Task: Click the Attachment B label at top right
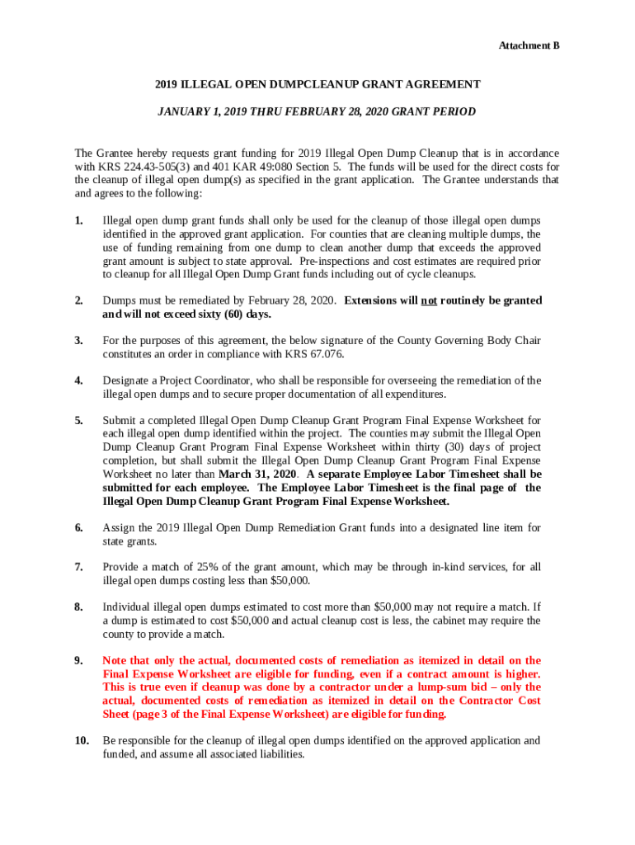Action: click(529, 45)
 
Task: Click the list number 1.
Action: click(78, 221)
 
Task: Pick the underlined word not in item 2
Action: click(429, 300)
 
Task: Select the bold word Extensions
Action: click(372, 300)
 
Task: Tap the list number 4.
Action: click(78, 380)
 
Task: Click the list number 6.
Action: click(78, 528)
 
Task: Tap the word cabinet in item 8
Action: click(448, 621)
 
